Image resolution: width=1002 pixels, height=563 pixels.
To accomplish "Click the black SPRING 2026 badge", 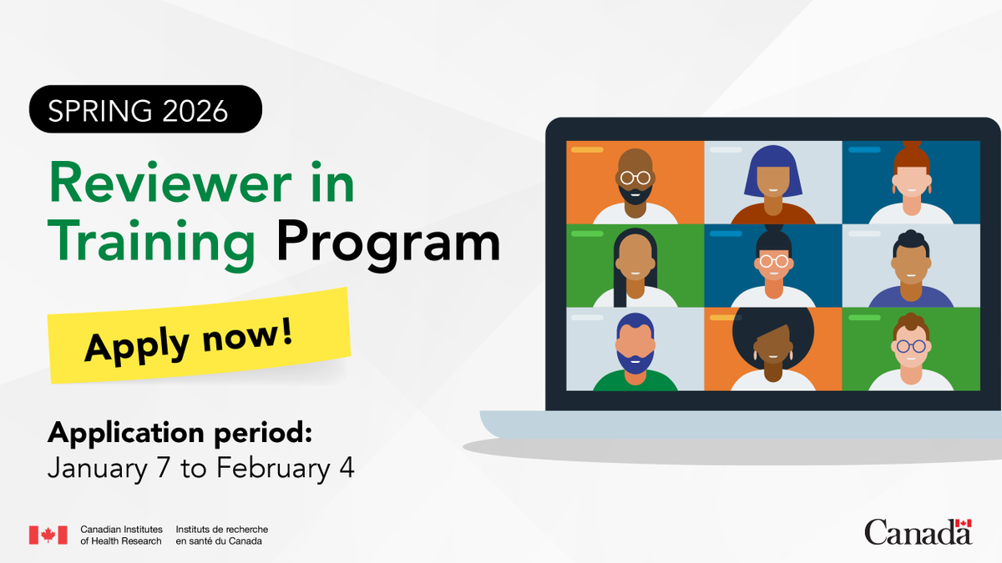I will pos(145,109).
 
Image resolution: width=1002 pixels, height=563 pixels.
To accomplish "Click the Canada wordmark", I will pos(918,531).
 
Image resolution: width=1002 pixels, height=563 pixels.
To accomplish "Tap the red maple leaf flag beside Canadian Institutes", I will pos(48,535).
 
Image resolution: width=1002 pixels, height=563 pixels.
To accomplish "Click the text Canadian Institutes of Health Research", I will pos(121,535).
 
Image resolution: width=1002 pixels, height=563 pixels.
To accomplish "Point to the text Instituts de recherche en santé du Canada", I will pos(222,535).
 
